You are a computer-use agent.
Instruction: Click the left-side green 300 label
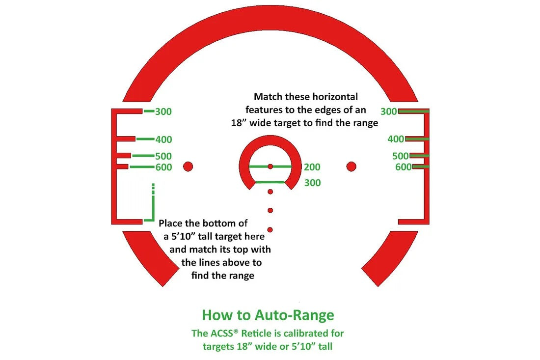(163, 111)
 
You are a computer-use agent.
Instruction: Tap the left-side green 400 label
(163, 139)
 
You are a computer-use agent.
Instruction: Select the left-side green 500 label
(163, 156)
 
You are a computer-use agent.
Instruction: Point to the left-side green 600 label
(163, 167)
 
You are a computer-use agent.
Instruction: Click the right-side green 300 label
(389, 111)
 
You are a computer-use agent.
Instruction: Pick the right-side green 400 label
(396, 139)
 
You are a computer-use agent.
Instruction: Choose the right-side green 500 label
(401, 156)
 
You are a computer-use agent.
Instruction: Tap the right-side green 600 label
(404, 167)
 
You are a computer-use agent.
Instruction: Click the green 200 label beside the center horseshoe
(312, 167)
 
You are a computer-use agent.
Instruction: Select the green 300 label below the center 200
(312, 183)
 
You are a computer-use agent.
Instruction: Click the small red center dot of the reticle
(270, 166)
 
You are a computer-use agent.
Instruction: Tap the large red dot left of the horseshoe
(188, 166)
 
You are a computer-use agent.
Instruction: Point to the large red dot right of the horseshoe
(351, 166)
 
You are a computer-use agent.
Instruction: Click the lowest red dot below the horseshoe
(270, 230)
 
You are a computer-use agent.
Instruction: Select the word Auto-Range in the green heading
(295, 315)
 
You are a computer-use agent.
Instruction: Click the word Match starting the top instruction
(264, 97)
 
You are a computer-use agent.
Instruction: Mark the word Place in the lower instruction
(170, 223)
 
